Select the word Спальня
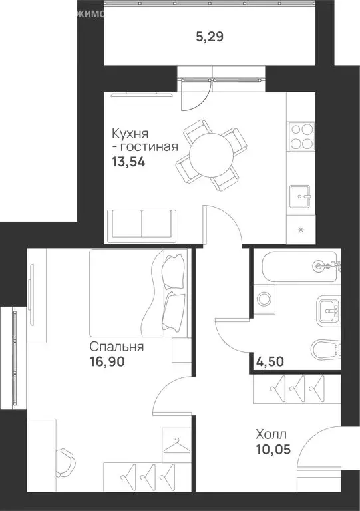click(x=116, y=347)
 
